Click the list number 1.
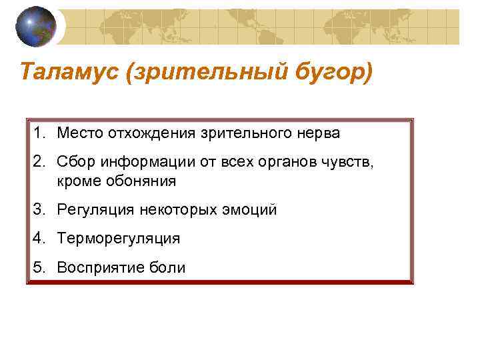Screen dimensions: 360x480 [x=39, y=133]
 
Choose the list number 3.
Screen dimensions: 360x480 [x=39, y=210]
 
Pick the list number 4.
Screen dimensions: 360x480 [x=39, y=239]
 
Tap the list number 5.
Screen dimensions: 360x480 [x=39, y=267]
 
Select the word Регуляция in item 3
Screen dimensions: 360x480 [x=96, y=210]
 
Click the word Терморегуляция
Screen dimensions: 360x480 [x=118, y=239]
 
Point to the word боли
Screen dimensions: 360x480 [x=164, y=267]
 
